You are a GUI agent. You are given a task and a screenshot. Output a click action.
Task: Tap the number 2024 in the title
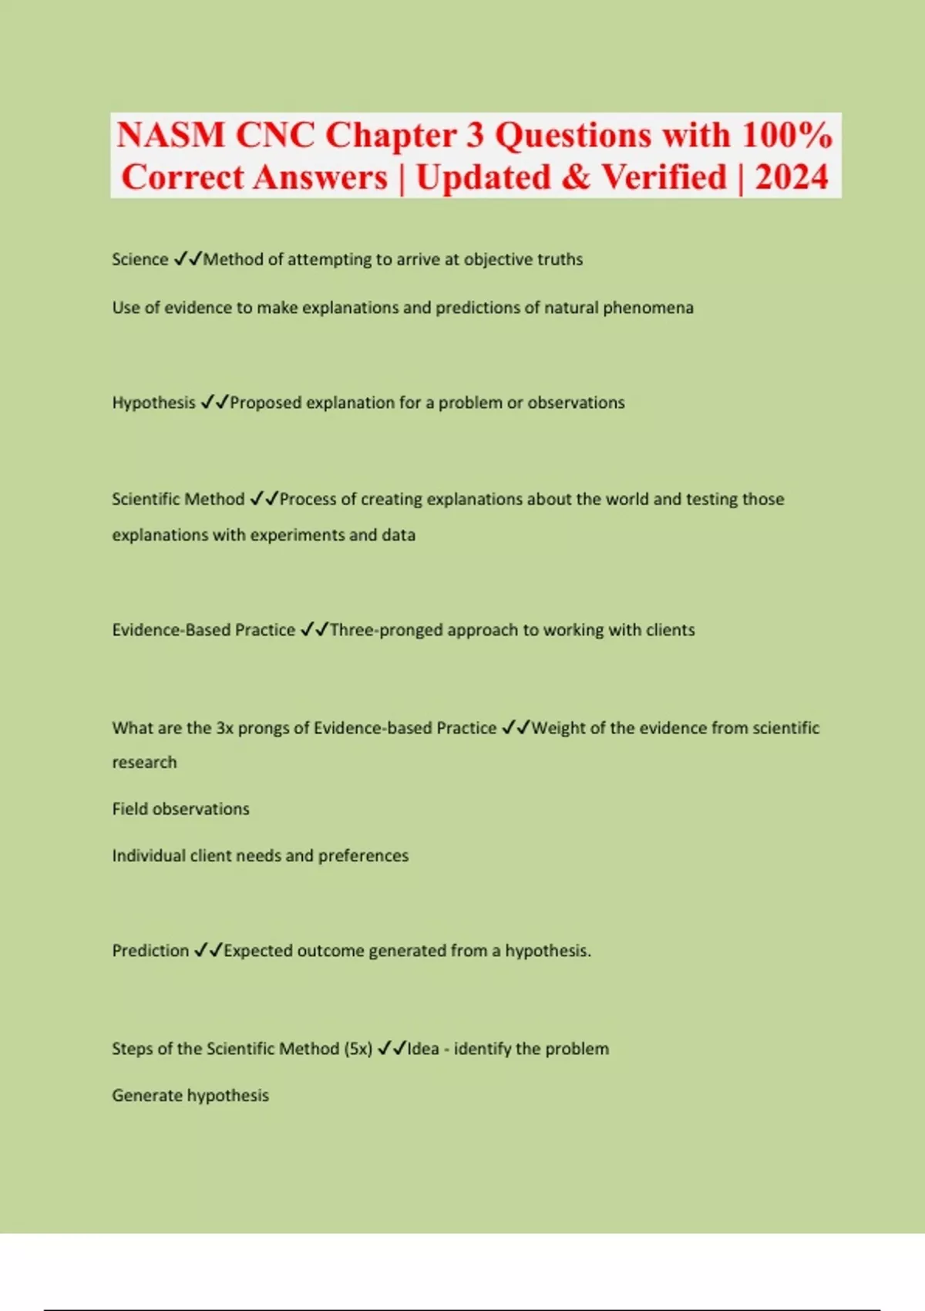791,177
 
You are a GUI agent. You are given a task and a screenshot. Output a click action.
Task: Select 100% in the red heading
786,136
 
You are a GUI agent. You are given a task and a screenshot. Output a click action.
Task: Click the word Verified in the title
664,177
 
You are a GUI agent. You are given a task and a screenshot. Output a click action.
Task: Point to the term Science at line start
140,259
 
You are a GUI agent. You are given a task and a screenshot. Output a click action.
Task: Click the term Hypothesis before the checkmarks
153,403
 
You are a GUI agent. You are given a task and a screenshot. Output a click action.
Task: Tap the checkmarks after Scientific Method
264,499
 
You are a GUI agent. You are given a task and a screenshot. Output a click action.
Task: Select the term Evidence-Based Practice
203,630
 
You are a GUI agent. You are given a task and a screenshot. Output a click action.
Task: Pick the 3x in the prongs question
224,728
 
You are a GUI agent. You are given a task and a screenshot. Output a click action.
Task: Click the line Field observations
180,809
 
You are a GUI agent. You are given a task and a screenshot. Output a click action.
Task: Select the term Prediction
150,951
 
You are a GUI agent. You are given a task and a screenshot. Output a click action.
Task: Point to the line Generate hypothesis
190,1096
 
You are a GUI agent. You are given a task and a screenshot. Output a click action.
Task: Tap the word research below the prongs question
144,763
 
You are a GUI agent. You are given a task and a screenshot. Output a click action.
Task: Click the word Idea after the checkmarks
423,1049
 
